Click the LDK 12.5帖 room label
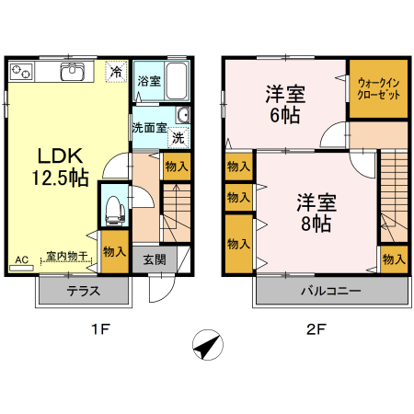coord(63,166)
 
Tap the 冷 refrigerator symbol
coord(116,71)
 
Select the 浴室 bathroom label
coord(149,80)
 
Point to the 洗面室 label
coord(148,128)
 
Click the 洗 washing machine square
coord(178,137)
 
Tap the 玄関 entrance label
coord(155,259)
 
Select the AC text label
coord(21,259)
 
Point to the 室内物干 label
coord(66,256)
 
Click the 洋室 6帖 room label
coord(285,104)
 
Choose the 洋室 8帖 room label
coord(316,212)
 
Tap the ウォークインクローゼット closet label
coord(378,88)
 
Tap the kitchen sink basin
coord(72,72)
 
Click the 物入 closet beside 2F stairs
coord(394,259)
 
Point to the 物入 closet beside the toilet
coord(114,251)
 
